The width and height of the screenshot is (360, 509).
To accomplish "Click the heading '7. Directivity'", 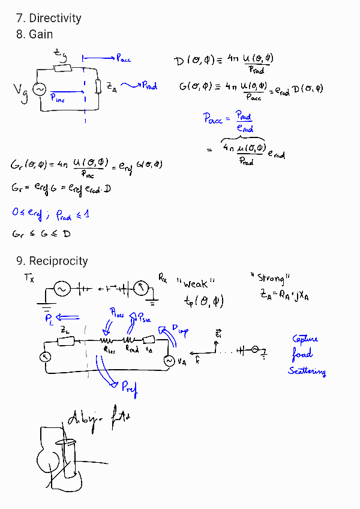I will point(49,18).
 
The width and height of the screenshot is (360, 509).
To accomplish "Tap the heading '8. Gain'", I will point(35,34).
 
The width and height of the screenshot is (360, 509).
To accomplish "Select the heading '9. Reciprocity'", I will point(52,261).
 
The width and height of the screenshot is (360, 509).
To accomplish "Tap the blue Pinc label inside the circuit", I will point(58,98).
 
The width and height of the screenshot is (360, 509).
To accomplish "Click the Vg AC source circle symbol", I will point(40,89).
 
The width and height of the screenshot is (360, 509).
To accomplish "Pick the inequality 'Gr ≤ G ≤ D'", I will point(41,233).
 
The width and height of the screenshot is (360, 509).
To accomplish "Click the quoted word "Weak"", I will point(196,283).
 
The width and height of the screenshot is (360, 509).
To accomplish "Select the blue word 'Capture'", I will point(305,339).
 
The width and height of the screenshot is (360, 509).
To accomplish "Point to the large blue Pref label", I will point(129,388).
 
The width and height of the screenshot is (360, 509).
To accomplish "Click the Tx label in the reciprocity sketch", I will point(29,277).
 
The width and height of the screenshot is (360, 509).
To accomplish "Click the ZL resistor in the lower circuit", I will point(66,341).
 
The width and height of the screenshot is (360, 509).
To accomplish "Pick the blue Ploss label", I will point(118,313).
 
